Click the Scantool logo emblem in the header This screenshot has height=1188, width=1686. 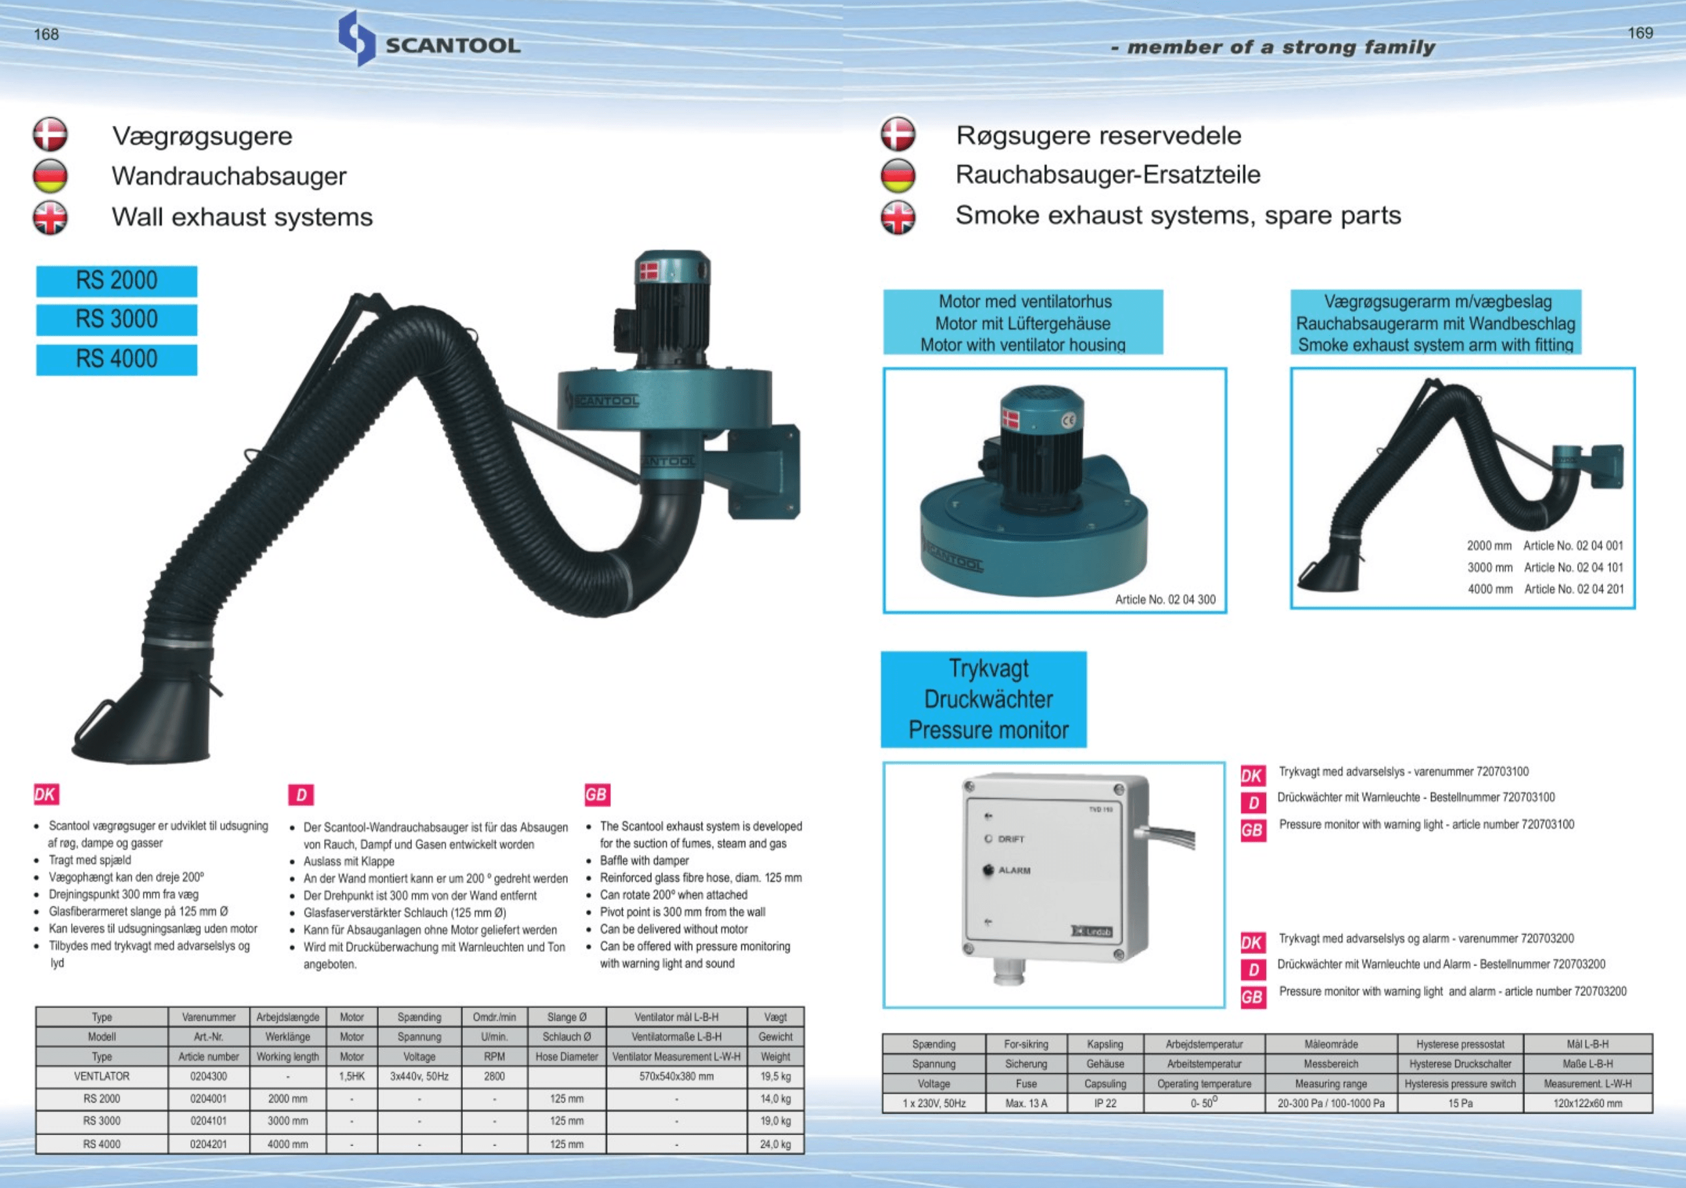coord(357,38)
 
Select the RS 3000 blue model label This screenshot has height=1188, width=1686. coord(117,319)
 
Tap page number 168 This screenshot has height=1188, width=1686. coord(46,35)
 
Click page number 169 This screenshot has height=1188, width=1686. coord(1640,33)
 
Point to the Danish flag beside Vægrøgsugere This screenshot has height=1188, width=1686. coord(50,135)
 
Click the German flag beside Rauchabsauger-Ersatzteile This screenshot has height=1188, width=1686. coord(898,175)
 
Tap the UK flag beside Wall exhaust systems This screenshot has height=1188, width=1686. coord(50,217)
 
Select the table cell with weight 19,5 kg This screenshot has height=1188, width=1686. coord(775,1077)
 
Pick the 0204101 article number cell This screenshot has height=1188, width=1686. coord(209,1121)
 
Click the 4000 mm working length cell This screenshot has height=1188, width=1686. coord(287,1144)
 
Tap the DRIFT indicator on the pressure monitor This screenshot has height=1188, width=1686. coord(989,839)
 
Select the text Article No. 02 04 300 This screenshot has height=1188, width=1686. coord(1164,599)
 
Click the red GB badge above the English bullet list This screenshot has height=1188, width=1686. coord(597,794)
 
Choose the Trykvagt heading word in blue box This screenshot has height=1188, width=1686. coord(988,668)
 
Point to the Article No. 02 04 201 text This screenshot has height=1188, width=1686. coord(1573,589)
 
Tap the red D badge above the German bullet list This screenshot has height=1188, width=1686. coord(301,794)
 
